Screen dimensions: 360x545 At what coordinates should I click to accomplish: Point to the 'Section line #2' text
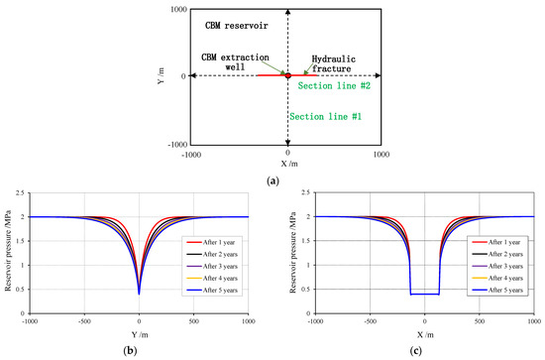(x=334, y=86)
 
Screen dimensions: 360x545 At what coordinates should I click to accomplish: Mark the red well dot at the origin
(x=287, y=75)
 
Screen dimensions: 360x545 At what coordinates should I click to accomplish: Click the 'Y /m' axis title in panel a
(x=160, y=76)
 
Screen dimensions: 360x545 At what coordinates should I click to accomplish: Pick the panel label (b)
(x=139, y=352)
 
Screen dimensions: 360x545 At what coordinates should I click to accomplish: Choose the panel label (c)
(x=425, y=352)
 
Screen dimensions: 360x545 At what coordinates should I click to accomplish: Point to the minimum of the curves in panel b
(x=139, y=294)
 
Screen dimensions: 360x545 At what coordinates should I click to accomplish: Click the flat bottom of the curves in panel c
(x=424, y=294)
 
